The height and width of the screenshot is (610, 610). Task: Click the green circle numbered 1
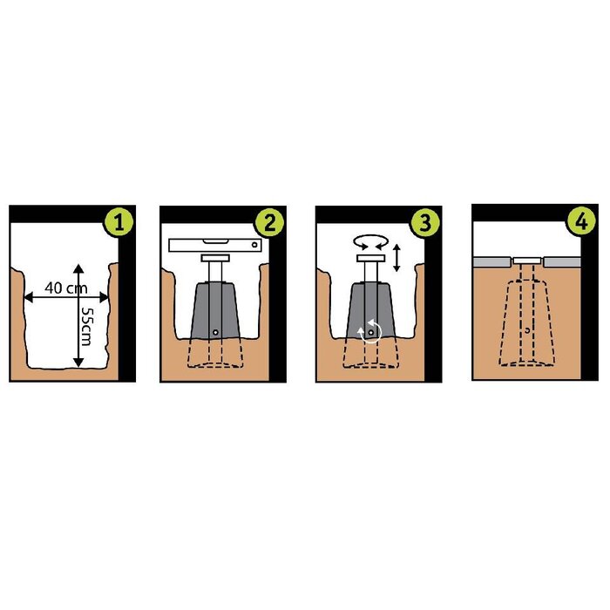tap(119, 223)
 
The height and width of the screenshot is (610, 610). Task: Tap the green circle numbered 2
tap(269, 223)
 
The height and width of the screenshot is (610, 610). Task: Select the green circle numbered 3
tap(425, 223)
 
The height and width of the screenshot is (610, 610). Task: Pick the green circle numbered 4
tap(581, 221)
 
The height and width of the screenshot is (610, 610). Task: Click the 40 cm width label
tap(65, 288)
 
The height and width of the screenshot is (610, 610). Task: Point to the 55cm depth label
tap(86, 326)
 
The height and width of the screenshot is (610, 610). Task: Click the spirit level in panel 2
tap(215, 245)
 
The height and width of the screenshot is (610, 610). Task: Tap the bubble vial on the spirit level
tap(215, 241)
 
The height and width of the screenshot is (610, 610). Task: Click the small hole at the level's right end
tap(254, 245)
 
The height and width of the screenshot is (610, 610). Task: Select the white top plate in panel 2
tap(215, 258)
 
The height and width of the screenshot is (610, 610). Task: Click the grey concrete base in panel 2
tap(215, 310)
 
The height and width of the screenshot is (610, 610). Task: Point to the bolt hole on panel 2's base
tap(215, 332)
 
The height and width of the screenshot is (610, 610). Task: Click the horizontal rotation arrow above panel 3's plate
tap(370, 242)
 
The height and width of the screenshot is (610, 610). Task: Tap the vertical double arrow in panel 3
tap(396, 258)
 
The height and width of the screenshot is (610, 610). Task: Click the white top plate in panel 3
tap(370, 258)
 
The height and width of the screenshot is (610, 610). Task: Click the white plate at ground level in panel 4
tap(526, 261)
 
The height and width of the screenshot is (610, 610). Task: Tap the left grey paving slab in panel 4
tap(491, 261)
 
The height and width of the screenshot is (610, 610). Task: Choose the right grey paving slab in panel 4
tap(562, 261)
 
